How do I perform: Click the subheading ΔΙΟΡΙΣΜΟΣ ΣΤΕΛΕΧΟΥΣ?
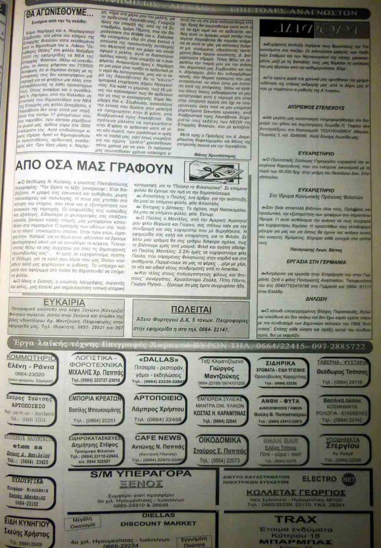[x=315, y=121]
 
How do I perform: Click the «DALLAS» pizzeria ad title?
[x=156, y=360]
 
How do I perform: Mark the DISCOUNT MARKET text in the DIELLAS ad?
[x=146, y=524]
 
